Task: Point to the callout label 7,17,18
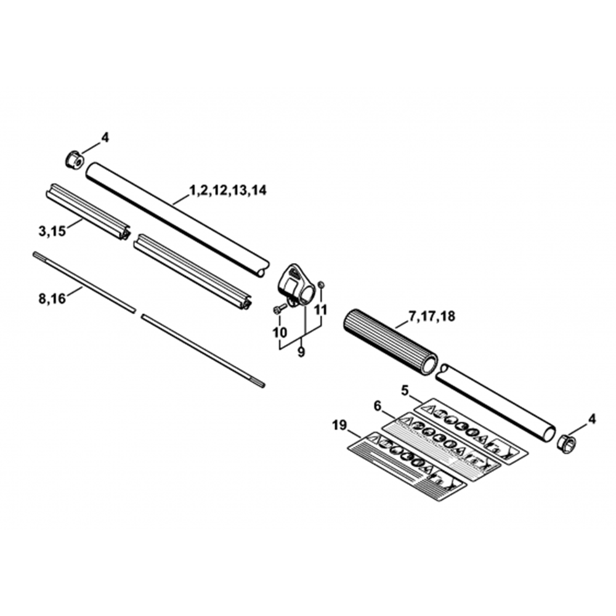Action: tap(431, 317)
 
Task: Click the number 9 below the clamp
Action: tap(301, 353)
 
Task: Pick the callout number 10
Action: tap(280, 332)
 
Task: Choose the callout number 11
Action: tap(320, 309)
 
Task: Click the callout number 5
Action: tap(405, 389)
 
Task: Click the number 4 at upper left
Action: tap(105, 138)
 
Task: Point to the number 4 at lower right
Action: tap(592, 419)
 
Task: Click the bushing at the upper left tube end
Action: tap(73, 160)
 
